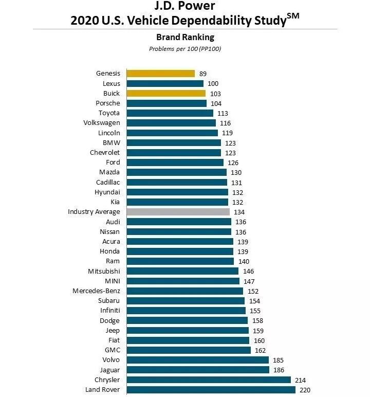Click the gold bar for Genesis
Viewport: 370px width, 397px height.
tap(160, 74)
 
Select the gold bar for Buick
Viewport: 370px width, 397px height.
tap(166, 93)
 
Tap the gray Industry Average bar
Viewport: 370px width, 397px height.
tap(178, 212)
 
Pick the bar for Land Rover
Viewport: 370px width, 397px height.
tap(211, 390)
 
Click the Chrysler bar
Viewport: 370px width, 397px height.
tap(209, 380)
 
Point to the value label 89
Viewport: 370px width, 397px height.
tap(203, 74)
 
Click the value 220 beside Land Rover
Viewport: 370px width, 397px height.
tap(305, 390)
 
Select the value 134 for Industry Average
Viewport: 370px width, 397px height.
tap(239, 212)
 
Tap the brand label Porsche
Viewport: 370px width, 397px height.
tap(107, 103)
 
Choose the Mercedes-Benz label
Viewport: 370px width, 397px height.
tap(96, 291)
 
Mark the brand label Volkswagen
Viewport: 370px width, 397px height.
tap(101, 123)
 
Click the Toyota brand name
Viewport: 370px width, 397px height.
tap(109, 113)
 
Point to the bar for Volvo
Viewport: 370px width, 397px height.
tap(197, 360)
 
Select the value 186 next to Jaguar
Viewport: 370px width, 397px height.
tap(279, 370)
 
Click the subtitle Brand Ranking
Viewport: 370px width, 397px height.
tap(185, 37)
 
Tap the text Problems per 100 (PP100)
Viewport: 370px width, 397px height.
tap(185, 49)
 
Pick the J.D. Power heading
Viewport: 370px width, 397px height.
tap(185, 7)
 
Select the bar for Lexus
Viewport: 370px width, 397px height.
tap(165, 83)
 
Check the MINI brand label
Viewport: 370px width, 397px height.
tap(112, 281)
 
